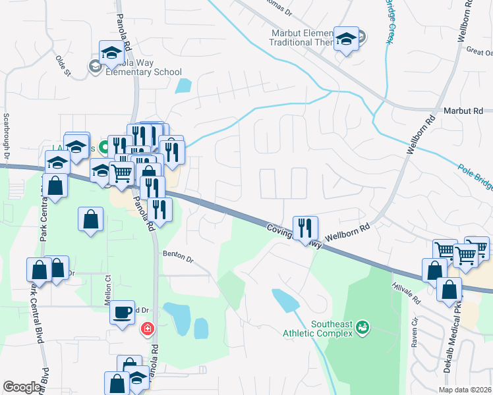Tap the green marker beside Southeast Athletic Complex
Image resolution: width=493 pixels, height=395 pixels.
[x=364, y=327]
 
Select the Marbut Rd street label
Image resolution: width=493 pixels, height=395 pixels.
[x=463, y=111]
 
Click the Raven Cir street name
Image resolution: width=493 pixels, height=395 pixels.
[x=415, y=333]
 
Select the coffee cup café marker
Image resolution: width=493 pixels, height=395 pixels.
[x=122, y=313]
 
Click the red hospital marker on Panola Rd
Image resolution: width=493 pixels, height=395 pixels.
[x=148, y=327]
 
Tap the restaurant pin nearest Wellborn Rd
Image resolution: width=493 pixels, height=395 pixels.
[x=305, y=228]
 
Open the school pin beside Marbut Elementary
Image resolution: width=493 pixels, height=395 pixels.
[x=346, y=38]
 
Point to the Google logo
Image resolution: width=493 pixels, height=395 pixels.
[x=22, y=387]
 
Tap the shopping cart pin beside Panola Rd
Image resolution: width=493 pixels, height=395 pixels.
[x=121, y=173]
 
